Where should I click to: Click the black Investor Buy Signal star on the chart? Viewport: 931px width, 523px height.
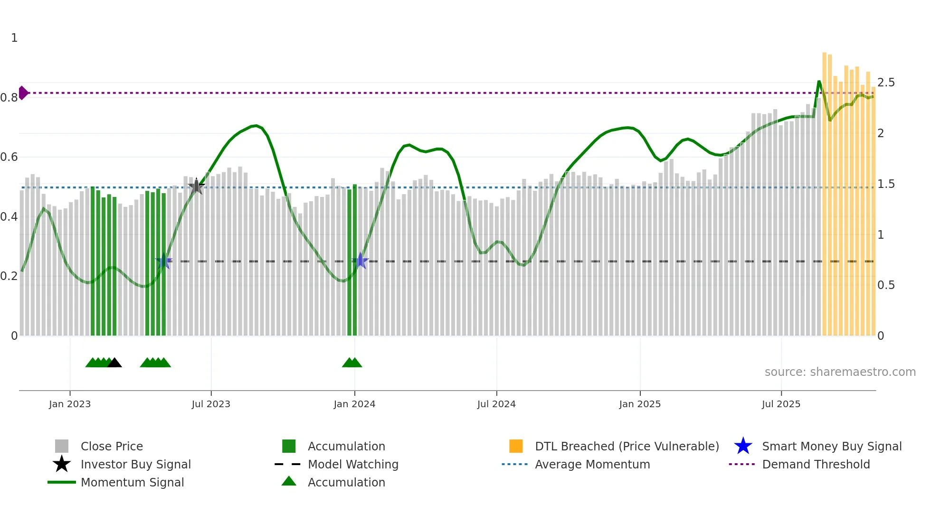coord(196,186)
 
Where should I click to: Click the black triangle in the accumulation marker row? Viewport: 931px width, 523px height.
coord(114,363)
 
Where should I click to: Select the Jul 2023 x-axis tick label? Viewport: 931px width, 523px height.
coord(211,404)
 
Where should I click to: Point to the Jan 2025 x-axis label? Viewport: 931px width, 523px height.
coord(640,404)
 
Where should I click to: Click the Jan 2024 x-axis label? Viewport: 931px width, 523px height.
coord(354,404)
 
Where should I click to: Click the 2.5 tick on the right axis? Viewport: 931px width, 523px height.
coord(886,83)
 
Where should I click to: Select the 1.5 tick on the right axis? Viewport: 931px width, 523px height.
coord(886,184)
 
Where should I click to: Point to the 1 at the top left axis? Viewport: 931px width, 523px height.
coord(14,38)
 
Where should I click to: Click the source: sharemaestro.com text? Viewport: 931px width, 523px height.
coord(840,372)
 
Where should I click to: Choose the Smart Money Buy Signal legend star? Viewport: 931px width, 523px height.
coord(743,447)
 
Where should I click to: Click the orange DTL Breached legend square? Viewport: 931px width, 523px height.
coord(516,446)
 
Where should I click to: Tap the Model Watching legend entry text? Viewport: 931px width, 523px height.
coord(353,465)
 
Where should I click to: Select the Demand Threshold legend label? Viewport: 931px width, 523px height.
coord(816,465)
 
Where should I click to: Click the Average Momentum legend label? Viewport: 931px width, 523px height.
coord(592,465)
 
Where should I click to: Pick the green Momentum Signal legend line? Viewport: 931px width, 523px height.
coord(62,483)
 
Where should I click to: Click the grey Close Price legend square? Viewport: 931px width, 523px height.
coord(62,446)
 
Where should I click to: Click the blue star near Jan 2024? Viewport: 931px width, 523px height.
coord(361,261)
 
